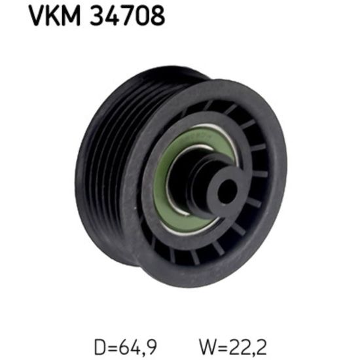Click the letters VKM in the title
click(54, 16)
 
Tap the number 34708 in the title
click(128, 16)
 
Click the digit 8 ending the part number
click(158, 16)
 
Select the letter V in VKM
click(37, 16)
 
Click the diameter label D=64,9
click(126, 347)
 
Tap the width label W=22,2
click(233, 347)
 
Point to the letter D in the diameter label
click(99, 347)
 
